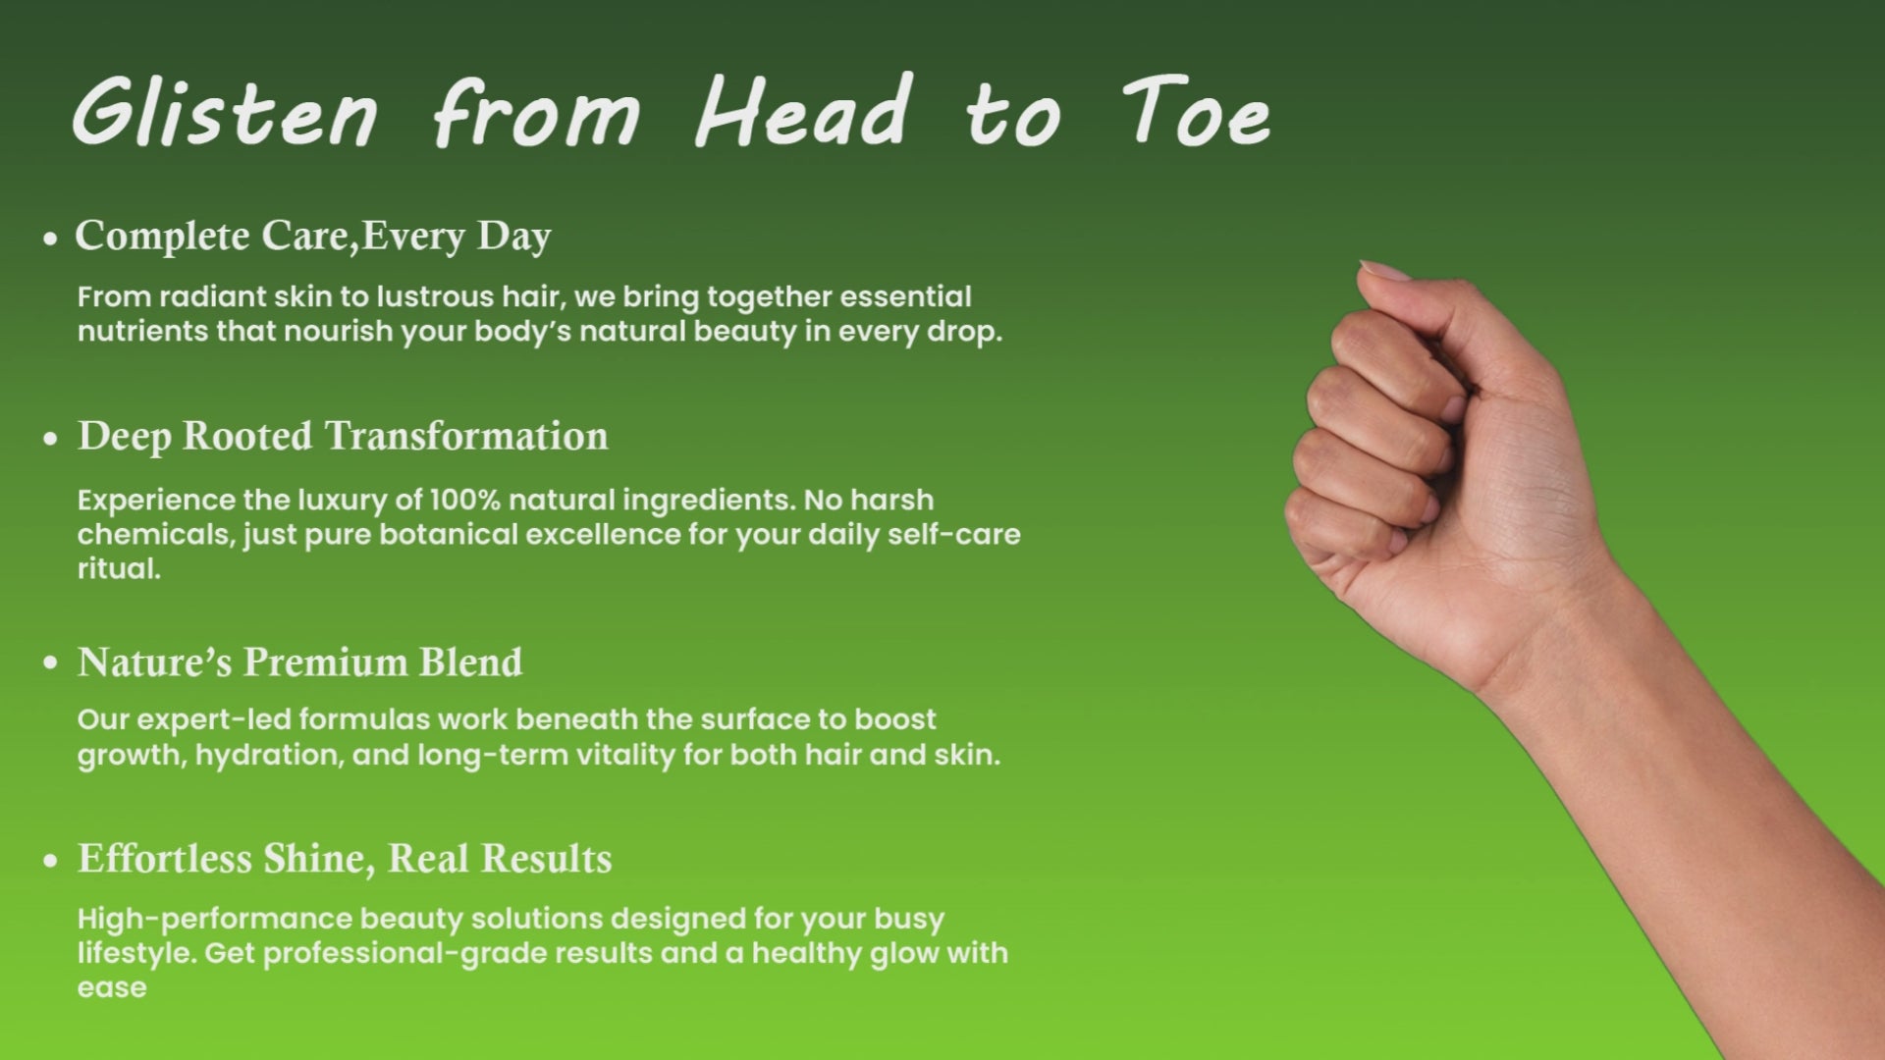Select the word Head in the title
(802, 110)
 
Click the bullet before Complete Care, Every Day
(51, 238)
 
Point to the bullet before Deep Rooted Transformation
(51, 440)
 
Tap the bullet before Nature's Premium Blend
(51, 664)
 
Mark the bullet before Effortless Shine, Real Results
(51, 862)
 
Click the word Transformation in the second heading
(466, 436)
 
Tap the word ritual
(119, 568)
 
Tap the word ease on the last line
(112, 988)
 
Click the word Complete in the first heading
(162, 236)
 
